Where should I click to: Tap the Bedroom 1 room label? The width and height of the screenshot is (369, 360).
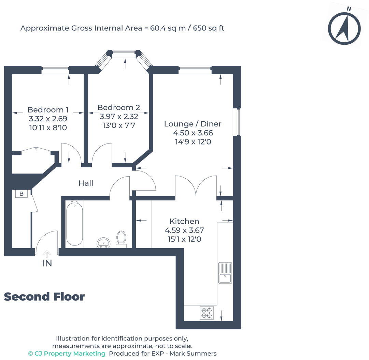click(x=48, y=110)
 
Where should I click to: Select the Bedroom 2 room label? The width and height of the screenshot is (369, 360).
click(x=118, y=107)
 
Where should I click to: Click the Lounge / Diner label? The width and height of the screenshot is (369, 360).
click(x=193, y=124)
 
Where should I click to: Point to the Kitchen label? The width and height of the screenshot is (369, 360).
click(x=184, y=221)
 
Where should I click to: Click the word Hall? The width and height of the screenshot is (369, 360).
click(x=86, y=183)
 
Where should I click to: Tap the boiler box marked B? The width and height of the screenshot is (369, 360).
click(x=22, y=194)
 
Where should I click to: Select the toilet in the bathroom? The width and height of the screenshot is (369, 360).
click(x=121, y=239)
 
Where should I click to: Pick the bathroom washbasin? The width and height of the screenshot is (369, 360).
click(x=103, y=243)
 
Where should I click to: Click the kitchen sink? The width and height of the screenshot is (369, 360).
click(x=225, y=273)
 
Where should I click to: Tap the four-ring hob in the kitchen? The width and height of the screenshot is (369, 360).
click(x=207, y=313)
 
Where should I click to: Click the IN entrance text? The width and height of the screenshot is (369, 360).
click(x=47, y=264)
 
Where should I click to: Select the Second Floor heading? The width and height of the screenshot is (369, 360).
click(x=44, y=297)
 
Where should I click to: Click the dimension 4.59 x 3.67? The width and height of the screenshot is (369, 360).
click(x=184, y=230)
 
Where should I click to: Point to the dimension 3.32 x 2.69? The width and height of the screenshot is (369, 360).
click(x=48, y=119)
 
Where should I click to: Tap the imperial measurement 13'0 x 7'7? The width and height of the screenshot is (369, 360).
click(x=119, y=125)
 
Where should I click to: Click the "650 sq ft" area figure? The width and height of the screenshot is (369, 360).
click(x=209, y=28)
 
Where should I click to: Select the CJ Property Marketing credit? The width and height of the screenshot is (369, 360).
click(x=67, y=354)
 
